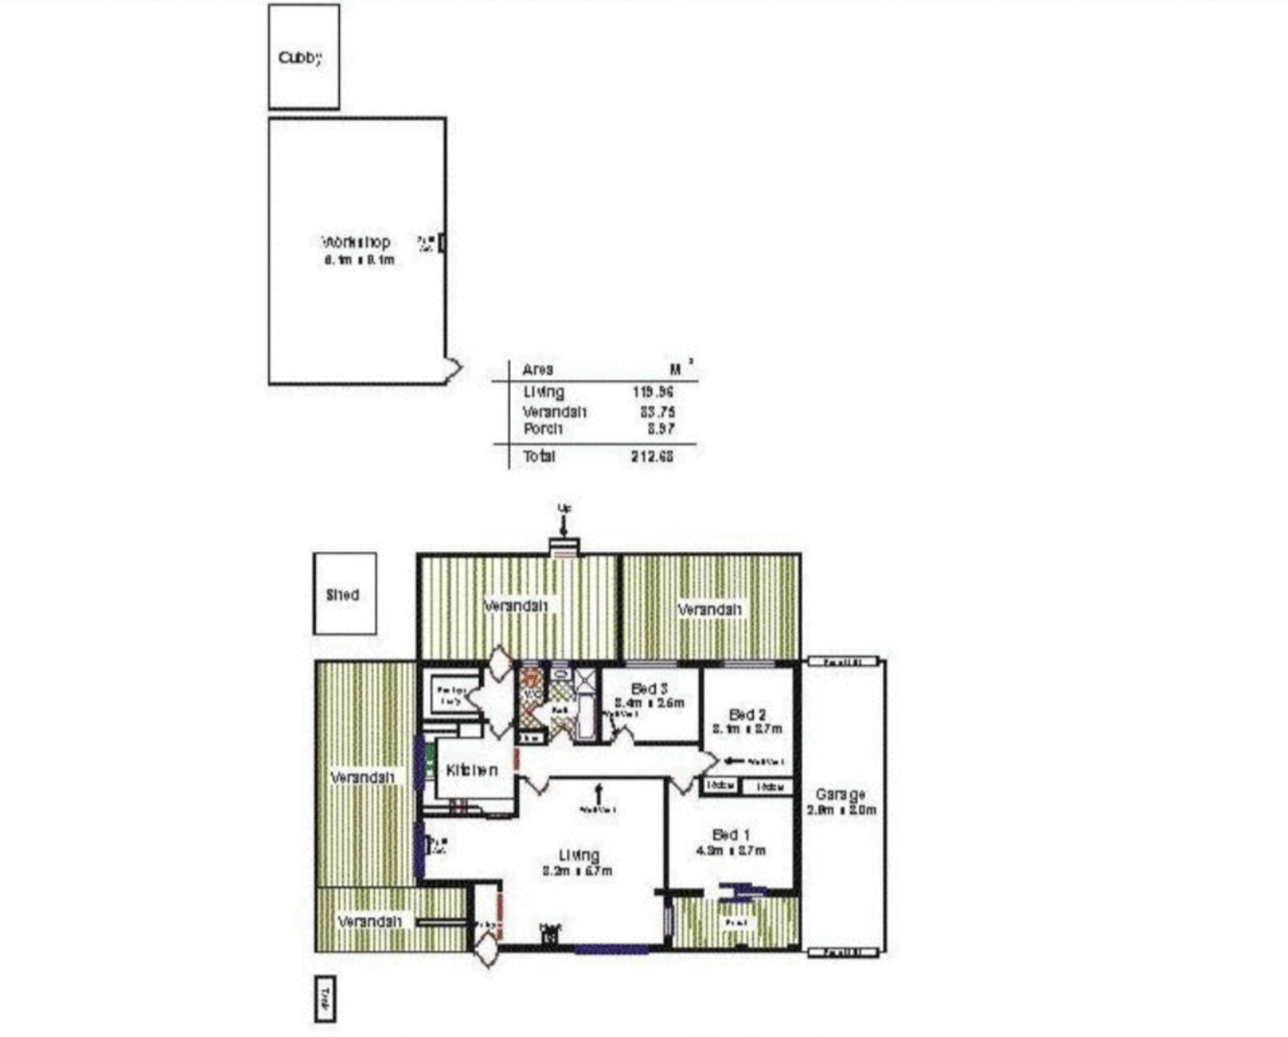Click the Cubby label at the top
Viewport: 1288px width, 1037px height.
click(300, 58)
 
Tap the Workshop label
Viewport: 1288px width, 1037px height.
click(355, 242)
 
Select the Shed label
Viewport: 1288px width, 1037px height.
click(343, 594)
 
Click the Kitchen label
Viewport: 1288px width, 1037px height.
click(472, 770)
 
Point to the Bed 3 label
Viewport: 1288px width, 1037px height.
click(649, 688)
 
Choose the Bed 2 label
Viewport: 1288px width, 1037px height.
click(747, 714)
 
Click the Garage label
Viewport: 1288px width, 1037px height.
click(839, 794)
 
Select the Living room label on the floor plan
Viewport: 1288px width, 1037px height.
click(579, 856)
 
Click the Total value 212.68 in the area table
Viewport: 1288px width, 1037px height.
click(652, 456)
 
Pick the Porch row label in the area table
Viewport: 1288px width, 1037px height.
click(543, 428)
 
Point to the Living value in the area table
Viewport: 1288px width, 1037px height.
click(652, 392)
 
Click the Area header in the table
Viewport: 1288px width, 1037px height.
click(538, 370)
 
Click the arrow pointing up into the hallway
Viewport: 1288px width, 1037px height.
click(598, 793)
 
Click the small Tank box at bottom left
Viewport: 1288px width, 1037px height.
click(326, 1000)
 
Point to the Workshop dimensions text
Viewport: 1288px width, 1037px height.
click(359, 260)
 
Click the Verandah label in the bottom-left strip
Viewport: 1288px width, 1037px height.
click(370, 921)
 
